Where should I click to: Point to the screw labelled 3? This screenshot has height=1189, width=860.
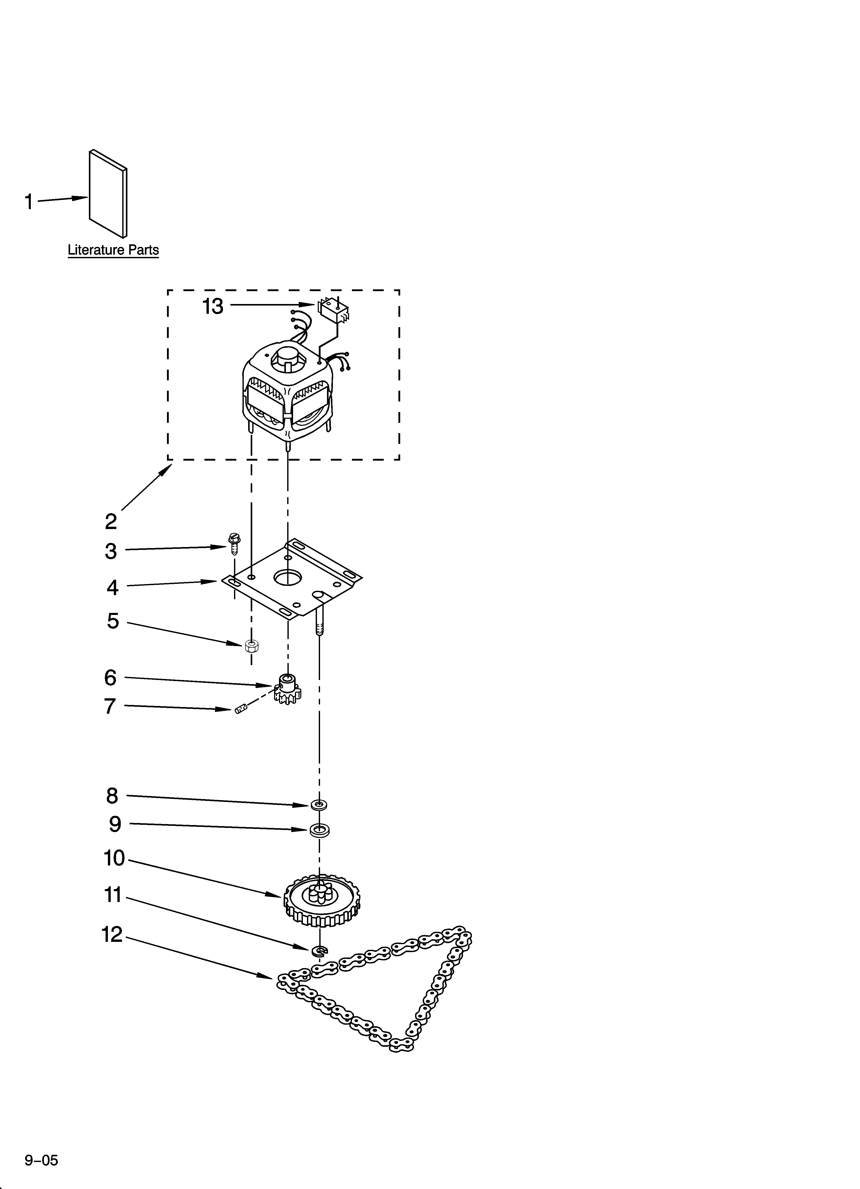pyautogui.click(x=233, y=544)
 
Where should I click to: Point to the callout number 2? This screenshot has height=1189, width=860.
pyautogui.click(x=111, y=522)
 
